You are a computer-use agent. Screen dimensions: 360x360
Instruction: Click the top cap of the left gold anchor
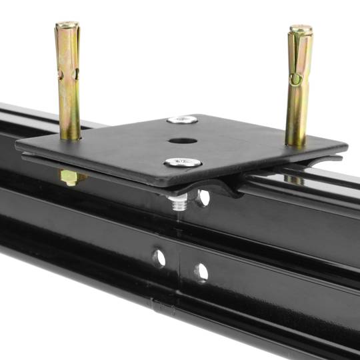(67, 25)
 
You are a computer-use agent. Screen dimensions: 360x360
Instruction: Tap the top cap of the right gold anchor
(301, 30)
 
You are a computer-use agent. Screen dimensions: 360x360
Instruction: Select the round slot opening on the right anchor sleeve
(294, 80)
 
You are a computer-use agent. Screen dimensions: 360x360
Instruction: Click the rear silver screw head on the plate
(182, 120)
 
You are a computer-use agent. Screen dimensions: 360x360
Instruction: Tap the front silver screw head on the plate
(183, 162)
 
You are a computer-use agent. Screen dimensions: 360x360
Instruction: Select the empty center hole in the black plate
(183, 141)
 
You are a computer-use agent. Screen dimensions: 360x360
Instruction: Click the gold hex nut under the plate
(69, 177)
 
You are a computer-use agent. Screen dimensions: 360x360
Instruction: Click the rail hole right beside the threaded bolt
(203, 197)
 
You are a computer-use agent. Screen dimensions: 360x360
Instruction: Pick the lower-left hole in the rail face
(159, 258)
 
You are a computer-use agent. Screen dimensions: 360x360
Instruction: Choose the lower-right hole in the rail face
(201, 272)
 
